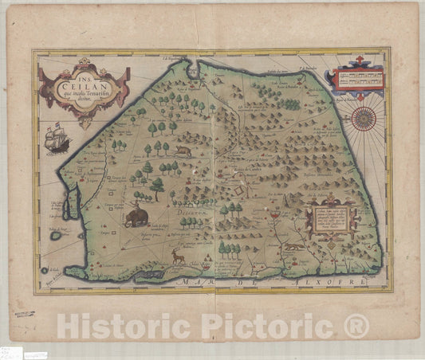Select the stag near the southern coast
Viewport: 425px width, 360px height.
pyautogui.click(x=177, y=256)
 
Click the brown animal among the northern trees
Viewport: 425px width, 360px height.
pyautogui.click(x=183, y=150)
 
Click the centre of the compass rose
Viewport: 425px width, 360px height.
pyautogui.click(x=364, y=118)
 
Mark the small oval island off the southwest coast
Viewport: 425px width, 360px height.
pyautogui.click(x=57, y=235)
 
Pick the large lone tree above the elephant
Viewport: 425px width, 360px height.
pyautogui.click(x=157, y=186)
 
